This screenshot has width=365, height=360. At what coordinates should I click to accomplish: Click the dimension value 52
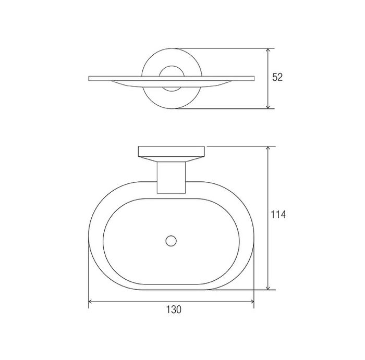(x=277, y=77)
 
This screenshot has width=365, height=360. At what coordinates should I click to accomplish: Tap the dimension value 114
(x=278, y=215)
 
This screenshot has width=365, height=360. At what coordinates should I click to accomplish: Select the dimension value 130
(x=174, y=309)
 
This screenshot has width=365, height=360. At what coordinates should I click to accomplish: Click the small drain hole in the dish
(x=171, y=241)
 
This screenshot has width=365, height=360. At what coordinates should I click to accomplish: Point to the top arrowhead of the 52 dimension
(x=268, y=51)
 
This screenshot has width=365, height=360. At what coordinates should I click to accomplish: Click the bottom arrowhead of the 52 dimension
(x=268, y=106)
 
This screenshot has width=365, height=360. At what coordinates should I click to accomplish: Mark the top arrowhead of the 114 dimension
(x=268, y=149)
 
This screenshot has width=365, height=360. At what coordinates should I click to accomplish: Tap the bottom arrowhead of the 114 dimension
(x=268, y=287)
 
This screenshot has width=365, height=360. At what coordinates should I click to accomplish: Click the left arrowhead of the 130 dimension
(x=91, y=302)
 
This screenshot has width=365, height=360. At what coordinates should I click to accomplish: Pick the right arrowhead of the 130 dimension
(x=251, y=302)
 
